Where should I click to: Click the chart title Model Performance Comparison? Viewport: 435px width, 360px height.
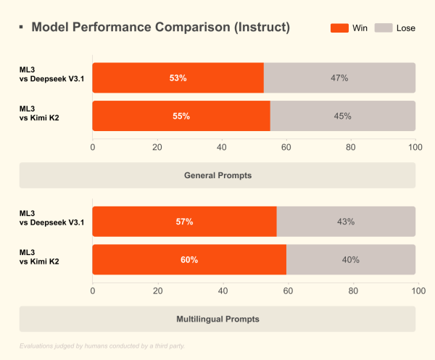tap(161, 28)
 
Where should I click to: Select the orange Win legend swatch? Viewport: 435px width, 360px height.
tap(339, 28)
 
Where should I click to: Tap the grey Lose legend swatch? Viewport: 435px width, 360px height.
tap(384, 28)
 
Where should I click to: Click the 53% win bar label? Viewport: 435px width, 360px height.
tap(178, 78)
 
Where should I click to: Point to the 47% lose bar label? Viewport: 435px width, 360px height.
tap(339, 78)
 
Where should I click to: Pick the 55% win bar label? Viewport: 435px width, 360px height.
tap(181, 116)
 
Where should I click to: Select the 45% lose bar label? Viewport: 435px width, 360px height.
tap(342, 116)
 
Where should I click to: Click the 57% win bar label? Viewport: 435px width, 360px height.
tap(184, 222)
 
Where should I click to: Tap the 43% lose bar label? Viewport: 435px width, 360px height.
tap(346, 222)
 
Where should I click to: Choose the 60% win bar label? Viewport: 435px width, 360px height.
tap(189, 259)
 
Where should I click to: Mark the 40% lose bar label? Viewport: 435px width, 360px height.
tap(350, 259)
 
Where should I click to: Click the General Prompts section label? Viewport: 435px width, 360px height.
tap(217, 175)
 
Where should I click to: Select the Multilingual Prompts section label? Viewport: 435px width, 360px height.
tap(217, 319)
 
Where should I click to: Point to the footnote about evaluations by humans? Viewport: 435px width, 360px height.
tap(102, 346)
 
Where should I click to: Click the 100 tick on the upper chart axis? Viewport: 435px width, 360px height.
tap(415, 148)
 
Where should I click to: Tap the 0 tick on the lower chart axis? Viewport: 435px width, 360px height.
tap(93, 290)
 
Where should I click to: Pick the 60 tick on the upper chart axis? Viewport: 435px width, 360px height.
tap(286, 148)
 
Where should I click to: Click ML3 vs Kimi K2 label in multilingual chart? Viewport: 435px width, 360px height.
tap(45, 259)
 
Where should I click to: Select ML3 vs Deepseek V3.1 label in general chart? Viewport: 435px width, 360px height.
tap(51, 78)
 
